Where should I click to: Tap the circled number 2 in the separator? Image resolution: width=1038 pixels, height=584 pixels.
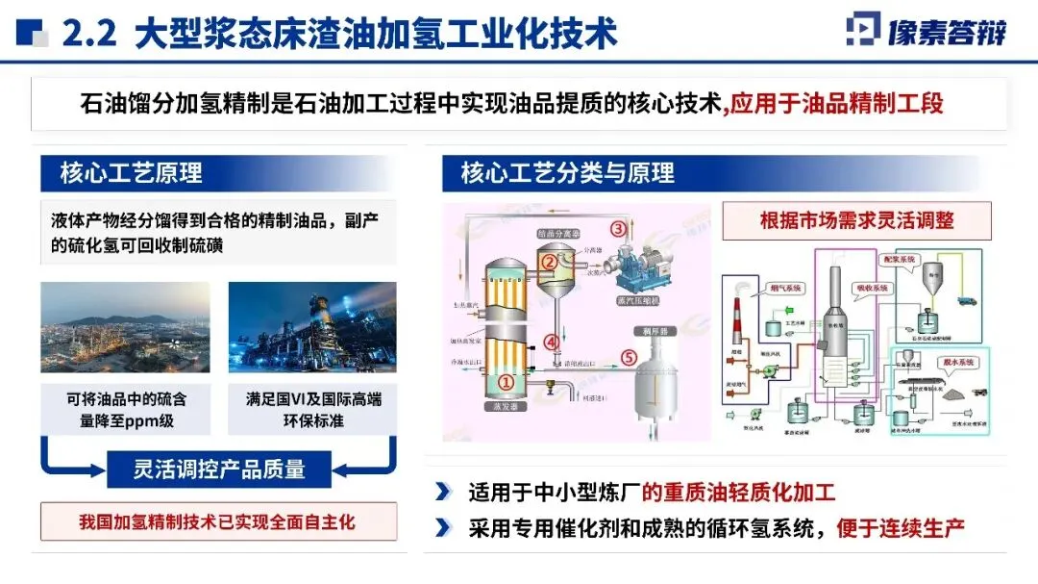(549, 259)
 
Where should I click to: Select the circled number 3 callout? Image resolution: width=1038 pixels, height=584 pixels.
(618, 229)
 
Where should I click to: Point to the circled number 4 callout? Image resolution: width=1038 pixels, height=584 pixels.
(550, 341)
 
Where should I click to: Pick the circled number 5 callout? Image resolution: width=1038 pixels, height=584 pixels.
(628, 357)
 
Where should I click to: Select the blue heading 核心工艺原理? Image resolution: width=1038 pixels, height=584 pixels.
(132, 173)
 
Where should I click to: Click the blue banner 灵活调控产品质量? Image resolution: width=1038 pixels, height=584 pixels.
(218, 469)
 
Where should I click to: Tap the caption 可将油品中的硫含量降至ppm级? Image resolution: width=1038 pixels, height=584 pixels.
(125, 410)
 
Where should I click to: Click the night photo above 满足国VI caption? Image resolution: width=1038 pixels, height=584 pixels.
(311, 327)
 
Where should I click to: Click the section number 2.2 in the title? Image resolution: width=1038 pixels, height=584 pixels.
(88, 34)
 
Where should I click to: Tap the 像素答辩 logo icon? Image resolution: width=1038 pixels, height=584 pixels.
(864, 31)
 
